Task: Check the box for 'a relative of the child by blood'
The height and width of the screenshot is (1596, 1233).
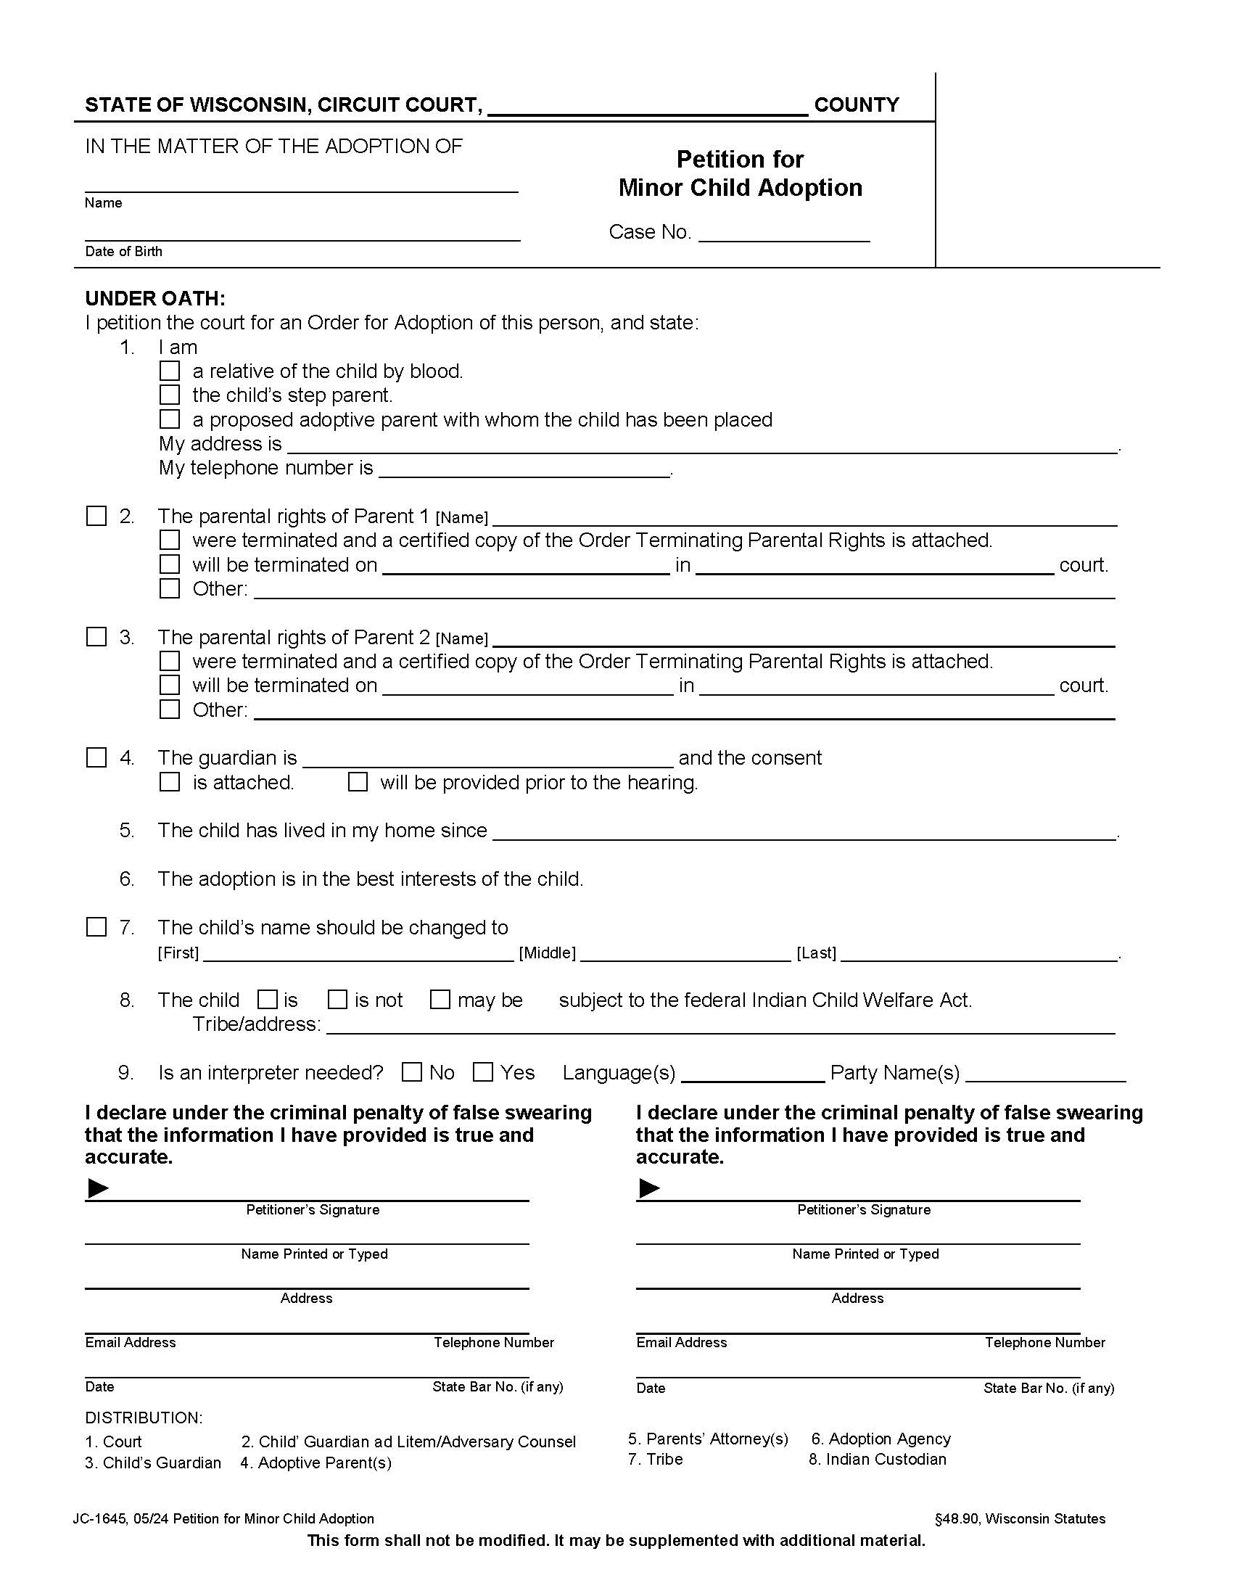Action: pyautogui.click(x=170, y=371)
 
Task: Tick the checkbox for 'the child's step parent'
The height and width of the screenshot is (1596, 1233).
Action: pyautogui.click(x=170, y=395)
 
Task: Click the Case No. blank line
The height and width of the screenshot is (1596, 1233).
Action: pyautogui.click(x=784, y=234)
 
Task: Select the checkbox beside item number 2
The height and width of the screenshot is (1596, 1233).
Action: pyautogui.click(x=96, y=516)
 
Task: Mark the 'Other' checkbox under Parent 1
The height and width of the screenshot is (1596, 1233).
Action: pyautogui.click(x=170, y=588)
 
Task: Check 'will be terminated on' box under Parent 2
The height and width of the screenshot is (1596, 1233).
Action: pyautogui.click(x=170, y=686)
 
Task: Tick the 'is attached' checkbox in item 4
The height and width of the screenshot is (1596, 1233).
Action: pyautogui.click(x=170, y=782)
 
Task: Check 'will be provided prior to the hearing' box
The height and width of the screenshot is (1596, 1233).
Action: pyautogui.click(x=357, y=782)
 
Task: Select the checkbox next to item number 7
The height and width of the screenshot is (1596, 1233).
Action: pyautogui.click(x=96, y=927)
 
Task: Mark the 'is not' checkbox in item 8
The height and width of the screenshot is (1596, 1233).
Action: pyautogui.click(x=337, y=1000)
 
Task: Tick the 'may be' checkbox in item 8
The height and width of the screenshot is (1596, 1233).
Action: pyautogui.click(x=440, y=1000)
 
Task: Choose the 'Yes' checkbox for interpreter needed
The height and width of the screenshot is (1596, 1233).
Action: pyautogui.click(x=483, y=1072)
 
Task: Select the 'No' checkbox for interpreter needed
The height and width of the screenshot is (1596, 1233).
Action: pyautogui.click(x=412, y=1072)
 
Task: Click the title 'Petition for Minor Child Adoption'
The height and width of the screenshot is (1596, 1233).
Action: pyautogui.click(x=739, y=174)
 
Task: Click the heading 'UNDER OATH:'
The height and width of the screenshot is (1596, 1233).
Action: pyautogui.click(x=155, y=298)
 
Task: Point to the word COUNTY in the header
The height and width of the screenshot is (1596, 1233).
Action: pyautogui.click(x=856, y=105)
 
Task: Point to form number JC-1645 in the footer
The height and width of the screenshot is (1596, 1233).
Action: pyautogui.click(x=99, y=1519)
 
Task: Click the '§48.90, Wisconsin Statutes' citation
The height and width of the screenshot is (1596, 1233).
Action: pyautogui.click(x=1020, y=1519)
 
